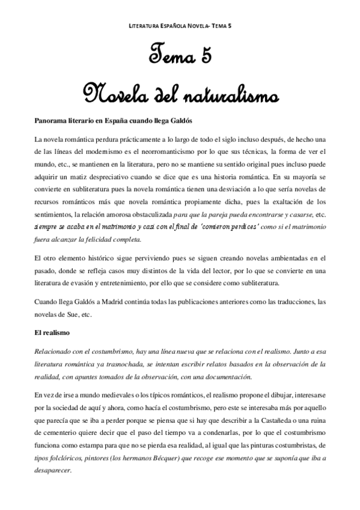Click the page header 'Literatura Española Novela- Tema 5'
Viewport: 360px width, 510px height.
(x=180, y=26)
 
